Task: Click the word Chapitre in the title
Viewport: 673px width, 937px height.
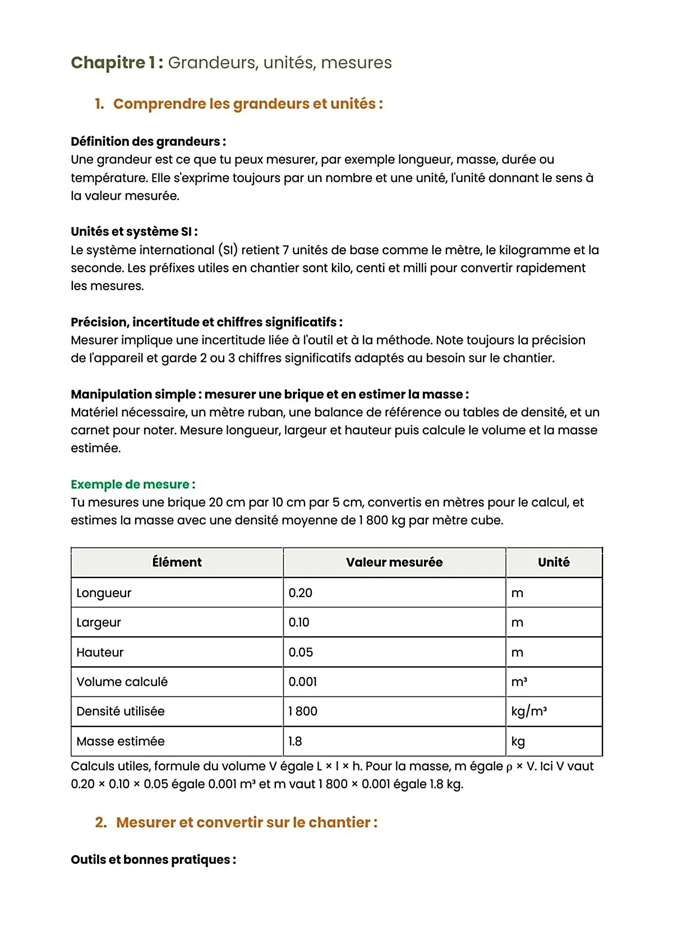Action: (x=108, y=62)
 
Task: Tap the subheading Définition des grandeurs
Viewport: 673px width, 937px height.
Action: (x=148, y=141)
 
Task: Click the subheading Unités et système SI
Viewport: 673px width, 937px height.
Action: (x=133, y=232)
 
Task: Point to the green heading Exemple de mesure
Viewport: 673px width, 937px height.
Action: (x=132, y=484)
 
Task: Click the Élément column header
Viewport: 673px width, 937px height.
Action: (x=177, y=562)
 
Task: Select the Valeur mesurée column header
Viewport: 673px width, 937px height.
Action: (x=394, y=562)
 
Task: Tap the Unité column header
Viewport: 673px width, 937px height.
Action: (x=553, y=562)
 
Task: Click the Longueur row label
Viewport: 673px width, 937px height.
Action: (x=104, y=593)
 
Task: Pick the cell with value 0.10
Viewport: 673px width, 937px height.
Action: (x=299, y=622)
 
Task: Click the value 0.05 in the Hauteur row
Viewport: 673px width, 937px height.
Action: (x=301, y=653)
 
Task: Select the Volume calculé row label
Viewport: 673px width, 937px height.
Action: (x=122, y=682)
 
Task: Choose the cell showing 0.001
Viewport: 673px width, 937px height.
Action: (x=302, y=682)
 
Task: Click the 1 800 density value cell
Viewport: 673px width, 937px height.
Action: (x=303, y=711)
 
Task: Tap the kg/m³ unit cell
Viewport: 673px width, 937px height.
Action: (x=528, y=711)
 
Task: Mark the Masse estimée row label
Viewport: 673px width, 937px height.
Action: (x=120, y=741)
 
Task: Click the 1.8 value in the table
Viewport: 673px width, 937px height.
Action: (x=295, y=741)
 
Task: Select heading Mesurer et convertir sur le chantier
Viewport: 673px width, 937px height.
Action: (x=246, y=823)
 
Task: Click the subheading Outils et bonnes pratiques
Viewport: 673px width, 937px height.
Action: (x=153, y=860)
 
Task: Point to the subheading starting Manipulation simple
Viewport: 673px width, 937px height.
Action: (x=269, y=394)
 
